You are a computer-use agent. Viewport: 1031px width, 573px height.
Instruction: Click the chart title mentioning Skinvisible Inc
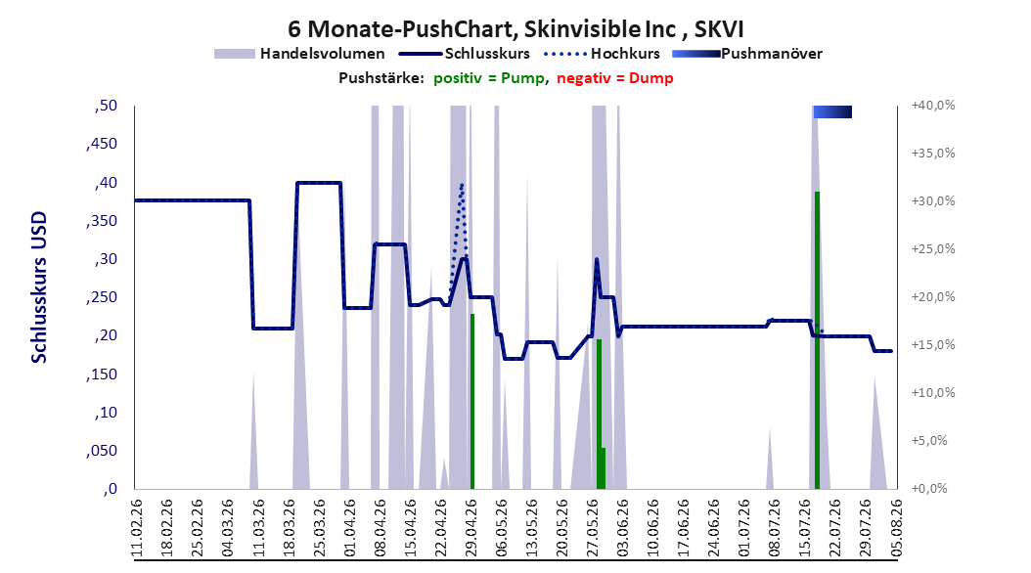click(x=515, y=29)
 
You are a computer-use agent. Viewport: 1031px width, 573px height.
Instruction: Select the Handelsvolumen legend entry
click(x=300, y=54)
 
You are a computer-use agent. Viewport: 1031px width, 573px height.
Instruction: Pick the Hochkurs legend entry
click(x=603, y=54)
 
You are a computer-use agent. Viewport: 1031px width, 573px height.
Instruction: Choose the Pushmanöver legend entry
click(x=747, y=54)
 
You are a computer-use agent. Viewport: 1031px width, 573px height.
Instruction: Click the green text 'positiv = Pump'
click(x=489, y=78)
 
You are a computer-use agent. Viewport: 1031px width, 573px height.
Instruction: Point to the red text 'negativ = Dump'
click(x=615, y=78)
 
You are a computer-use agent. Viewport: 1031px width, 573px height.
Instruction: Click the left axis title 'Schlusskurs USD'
click(x=39, y=287)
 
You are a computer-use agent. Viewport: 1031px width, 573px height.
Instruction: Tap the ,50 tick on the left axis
click(x=106, y=106)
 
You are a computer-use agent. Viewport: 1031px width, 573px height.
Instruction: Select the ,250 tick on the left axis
click(x=102, y=297)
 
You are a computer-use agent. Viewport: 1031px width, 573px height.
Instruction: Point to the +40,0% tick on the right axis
click(x=933, y=106)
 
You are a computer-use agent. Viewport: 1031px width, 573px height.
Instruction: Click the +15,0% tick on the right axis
click(x=933, y=345)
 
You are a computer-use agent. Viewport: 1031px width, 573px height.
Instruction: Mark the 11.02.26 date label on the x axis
click(x=137, y=528)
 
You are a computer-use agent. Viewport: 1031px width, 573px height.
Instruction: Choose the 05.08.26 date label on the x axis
click(x=896, y=528)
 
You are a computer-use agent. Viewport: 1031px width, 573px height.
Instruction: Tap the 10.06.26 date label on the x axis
click(x=652, y=528)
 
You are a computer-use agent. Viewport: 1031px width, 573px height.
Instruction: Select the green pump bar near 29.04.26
click(x=472, y=402)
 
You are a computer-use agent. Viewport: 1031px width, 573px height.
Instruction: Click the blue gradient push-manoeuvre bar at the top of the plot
click(x=832, y=111)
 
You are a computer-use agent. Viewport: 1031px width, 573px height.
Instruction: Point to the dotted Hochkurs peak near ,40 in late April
click(x=462, y=186)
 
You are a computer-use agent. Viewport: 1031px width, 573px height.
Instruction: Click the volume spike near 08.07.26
click(x=771, y=458)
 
